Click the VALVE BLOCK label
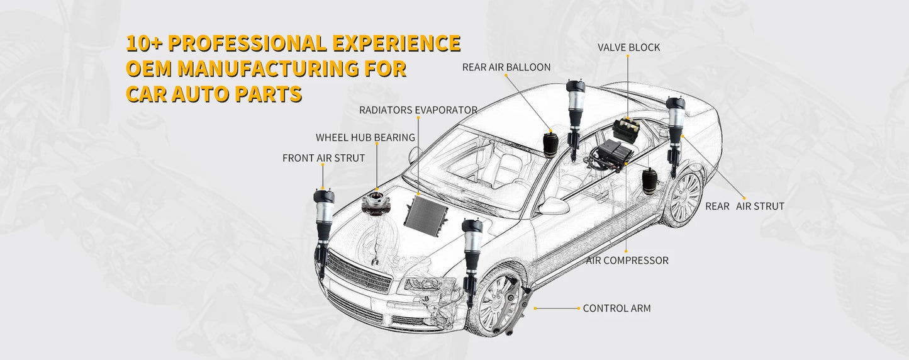click(x=628, y=48)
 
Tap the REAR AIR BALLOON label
click(x=506, y=67)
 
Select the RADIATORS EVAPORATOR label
click(x=418, y=110)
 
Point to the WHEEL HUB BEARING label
click(x=365, y=137)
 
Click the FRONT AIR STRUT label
click(x=323, y=158)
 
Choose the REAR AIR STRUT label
click(x=744, y=206)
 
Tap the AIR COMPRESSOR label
click(x=627, y=260)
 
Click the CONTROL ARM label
click(x=616, y=308)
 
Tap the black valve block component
click(x=627, y=129)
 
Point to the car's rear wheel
click(x=684, y=198)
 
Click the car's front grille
click(x=359, y=274)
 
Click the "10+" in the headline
click(x=144, y=43)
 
